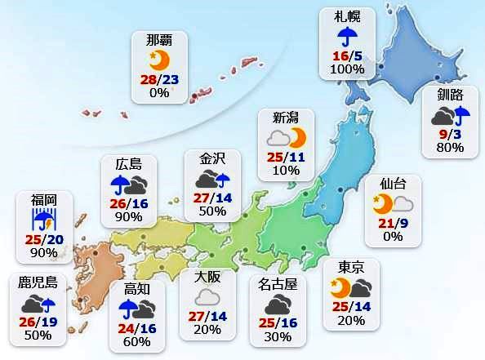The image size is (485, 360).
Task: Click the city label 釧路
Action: (450, 96)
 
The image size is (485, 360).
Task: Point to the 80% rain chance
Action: (450, 148)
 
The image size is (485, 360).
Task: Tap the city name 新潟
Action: (286, 117)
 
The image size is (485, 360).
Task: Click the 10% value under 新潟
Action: (286, 169)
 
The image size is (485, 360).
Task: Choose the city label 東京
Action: (350, 267)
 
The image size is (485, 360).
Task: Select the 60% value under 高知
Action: (136, 343)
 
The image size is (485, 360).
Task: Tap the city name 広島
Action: (129, 162)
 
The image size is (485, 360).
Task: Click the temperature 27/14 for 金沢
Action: (212, 197)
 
